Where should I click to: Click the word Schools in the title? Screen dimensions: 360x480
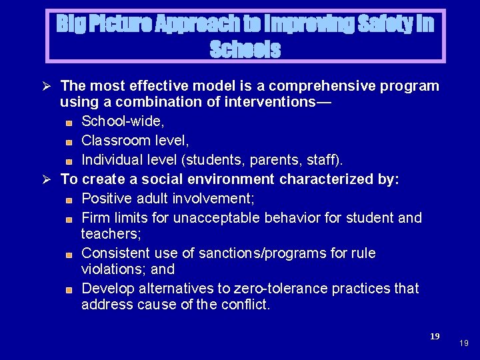tap(245, 49)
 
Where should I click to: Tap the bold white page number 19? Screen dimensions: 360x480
tap(435, 337)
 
